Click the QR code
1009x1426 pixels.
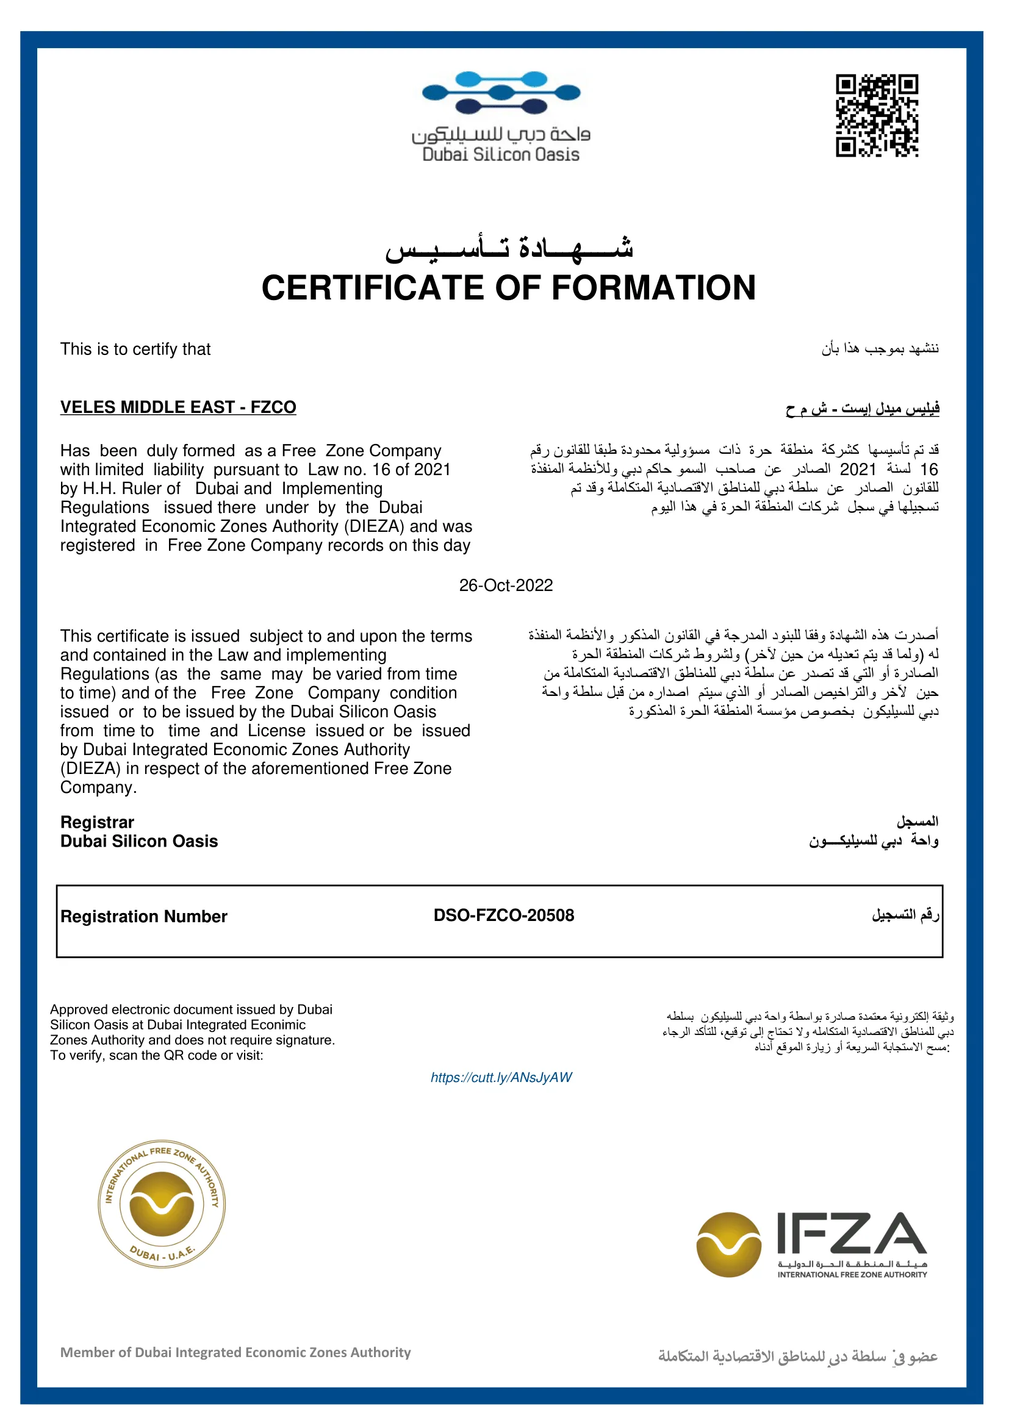[877, 115]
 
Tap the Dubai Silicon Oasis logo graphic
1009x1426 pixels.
[501, 93]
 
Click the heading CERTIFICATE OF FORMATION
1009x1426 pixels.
[508, 288]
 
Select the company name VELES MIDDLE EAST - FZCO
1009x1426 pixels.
[178, 407]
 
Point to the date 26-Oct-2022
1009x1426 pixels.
[506, 586]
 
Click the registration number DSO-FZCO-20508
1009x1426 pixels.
[504, 915]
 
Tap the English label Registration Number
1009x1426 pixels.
[143, 917]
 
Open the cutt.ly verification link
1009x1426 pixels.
[501, 1078]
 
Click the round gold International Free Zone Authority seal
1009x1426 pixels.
[162, 1205]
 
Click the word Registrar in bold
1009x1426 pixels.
[97, 822]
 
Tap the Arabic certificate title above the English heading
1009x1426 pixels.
[508, 248]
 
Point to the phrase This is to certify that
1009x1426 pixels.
[135, 349]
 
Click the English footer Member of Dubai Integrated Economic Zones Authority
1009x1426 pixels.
[235, 1353]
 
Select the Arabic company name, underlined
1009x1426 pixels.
[863, 409]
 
